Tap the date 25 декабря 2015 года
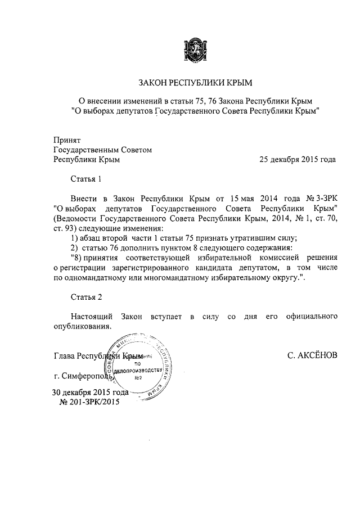coord(298,159)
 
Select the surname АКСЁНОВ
coord(312,356)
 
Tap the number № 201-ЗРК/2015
coord(89,402)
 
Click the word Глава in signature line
coord(64,356)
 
